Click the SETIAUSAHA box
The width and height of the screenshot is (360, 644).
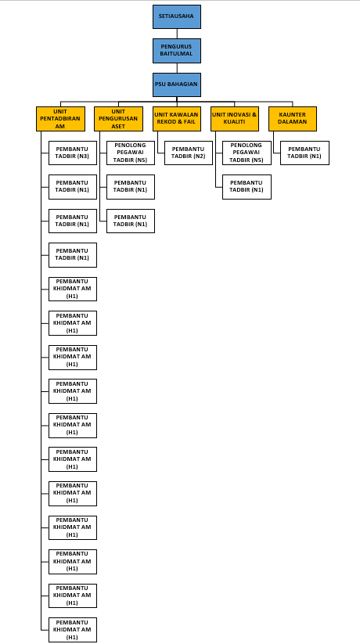coord(177,17)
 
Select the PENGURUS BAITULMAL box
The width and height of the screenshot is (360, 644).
coord(177,51)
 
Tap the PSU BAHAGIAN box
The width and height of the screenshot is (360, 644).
coord(177,85)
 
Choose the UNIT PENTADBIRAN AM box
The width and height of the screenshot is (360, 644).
coord(60,119)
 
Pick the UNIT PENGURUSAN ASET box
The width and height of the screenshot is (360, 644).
coord(118,119)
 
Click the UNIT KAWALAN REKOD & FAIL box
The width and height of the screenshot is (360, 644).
coord(177,119)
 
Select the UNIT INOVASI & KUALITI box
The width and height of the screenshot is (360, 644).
coord(235,119)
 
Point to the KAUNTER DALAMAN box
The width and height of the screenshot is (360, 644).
coord(293,119)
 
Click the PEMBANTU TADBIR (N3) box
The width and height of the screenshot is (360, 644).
coord(73,153)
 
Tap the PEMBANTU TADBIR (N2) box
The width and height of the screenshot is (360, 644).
coord(189,153)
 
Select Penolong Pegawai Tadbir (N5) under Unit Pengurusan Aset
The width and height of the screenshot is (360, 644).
coord(131,153)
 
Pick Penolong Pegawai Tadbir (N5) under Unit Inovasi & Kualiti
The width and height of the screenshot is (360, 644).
coord(247,153)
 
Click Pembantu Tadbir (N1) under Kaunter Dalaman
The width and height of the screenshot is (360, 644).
coord(304,153)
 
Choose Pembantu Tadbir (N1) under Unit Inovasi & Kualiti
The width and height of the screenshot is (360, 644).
coord(247,187)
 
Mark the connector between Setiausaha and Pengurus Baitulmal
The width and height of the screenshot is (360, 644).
coord(177,34)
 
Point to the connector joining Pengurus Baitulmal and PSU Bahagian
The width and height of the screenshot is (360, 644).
coord(177,68)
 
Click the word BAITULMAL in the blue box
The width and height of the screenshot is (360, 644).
coord(177,54)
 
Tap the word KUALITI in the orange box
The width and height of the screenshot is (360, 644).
coord(235,122)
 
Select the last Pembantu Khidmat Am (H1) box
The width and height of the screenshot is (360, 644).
coord(73,630)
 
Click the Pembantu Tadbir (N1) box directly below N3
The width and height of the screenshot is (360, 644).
coord(73,187)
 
